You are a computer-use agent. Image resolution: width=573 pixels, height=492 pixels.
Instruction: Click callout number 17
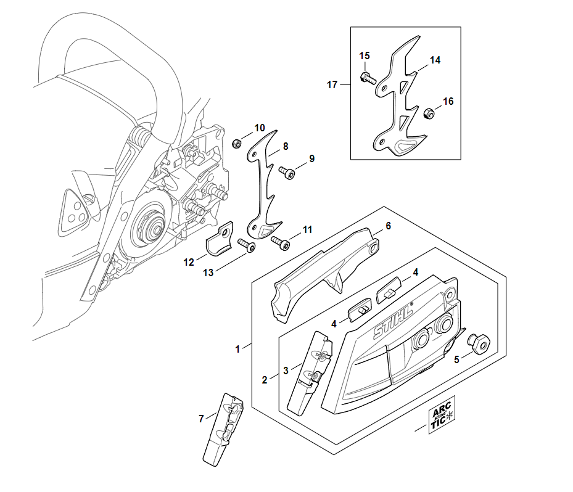coord(332,85)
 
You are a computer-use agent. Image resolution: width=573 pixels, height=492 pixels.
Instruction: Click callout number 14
coord(435,60)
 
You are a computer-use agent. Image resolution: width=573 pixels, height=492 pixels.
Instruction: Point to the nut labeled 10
coord(236,144)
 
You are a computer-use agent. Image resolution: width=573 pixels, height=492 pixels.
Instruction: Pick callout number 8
coord(285,147)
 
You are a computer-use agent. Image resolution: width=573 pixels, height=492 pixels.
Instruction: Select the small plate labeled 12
coord(217,241)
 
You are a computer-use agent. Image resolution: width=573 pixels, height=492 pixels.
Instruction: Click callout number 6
coord(388,226)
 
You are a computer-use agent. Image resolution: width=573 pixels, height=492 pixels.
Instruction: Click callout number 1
coord(238,349)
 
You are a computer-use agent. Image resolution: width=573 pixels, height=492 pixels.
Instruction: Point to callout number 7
coord(201,419)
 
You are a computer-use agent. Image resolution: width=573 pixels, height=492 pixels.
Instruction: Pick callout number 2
coord(265,380)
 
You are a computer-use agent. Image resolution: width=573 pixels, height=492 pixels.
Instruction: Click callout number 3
coord(286,371)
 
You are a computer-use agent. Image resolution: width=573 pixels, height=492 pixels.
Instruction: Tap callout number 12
coord(188,262)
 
